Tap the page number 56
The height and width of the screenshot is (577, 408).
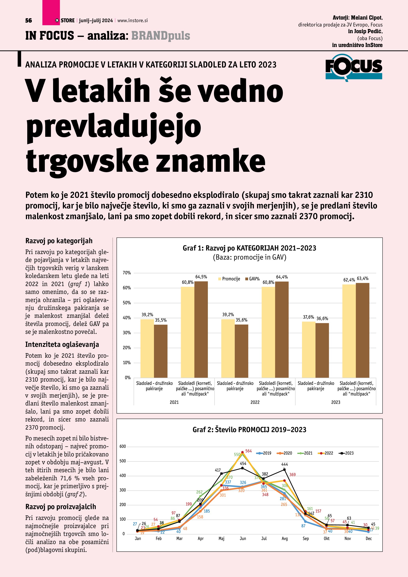click(29, 21)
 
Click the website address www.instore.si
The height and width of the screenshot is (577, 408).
click(132, 21)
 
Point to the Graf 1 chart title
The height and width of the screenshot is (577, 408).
click(249, 248)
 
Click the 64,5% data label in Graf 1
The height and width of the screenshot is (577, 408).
click(201, 277)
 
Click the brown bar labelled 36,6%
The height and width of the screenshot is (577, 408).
click(322, 350)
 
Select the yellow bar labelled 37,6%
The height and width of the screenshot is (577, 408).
click(309, 349)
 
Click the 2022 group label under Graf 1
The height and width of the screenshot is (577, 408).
click(255, 402)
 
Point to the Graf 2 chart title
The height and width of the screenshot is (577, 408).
click(249, 430)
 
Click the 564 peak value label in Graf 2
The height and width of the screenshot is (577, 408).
click(248, 451)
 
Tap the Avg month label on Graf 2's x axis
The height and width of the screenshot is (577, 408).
click(285, 539)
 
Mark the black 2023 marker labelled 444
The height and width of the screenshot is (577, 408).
click(284, 469)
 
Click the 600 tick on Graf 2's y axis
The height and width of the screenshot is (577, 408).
click(123, 447)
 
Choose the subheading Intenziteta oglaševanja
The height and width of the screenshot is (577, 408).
click(62, 344)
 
